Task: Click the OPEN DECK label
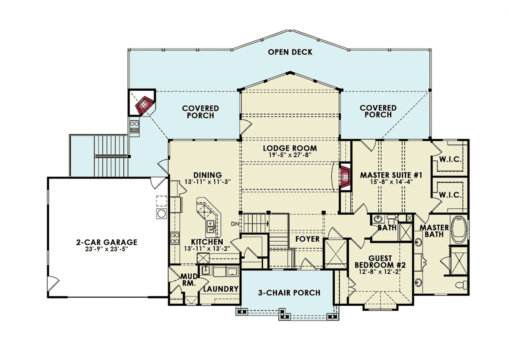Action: click(x=290, y=52)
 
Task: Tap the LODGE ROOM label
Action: click(x=290, y=148)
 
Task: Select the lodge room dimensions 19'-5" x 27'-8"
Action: click(x=290, y=155)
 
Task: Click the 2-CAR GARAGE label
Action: click(x=106, y=243)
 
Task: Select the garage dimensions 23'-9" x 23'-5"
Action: click(x=106, y=249)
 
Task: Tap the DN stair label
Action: click(x=235, y=224)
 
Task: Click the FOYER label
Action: click(x=307, y=239)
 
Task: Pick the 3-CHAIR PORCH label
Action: click(x=289, y=293)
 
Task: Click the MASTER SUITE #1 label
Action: click(x=391, y=176)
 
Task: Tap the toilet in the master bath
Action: click(x=461, y=285)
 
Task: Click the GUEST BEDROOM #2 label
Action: click(x=380, y=262)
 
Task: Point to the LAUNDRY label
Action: click(x=221, y=289)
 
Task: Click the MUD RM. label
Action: click(x=189, y=280)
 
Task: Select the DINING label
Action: click(x=207, y=175)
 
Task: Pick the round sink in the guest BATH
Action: click(x=378, y=219)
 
